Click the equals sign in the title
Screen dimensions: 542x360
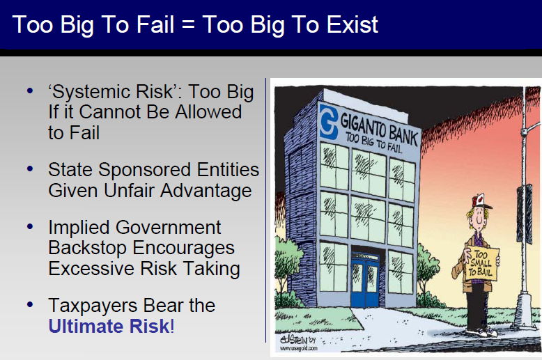(188, 25)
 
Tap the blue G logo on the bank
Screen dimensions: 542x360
(328, 122)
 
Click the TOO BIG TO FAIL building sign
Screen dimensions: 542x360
(374, 143)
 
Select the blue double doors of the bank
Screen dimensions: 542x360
(365, 281)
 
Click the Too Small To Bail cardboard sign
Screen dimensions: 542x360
(481, 265)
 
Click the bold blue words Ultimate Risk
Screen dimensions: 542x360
(109, 326)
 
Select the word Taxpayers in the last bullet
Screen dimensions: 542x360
(93, 306)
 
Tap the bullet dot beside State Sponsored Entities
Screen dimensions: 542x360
(30, 169)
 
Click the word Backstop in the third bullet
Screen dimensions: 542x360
(88, 249)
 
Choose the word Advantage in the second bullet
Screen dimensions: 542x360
(206, 191)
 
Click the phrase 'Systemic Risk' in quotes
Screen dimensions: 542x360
(111, 91)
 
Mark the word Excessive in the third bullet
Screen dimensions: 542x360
(91, 269)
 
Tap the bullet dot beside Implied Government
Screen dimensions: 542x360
(30, 226)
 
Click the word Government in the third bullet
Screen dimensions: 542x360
(168, 228)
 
